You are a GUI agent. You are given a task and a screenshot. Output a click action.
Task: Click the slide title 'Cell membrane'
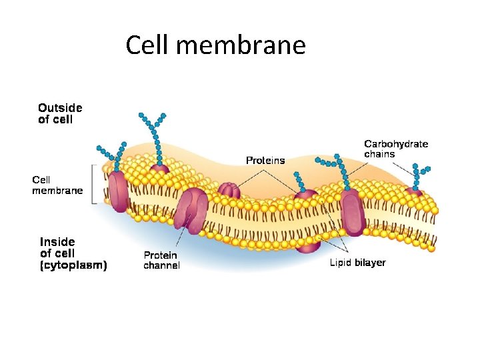click(x=215, y=45)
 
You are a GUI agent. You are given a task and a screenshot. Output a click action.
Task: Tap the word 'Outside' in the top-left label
click(x=60, y=107)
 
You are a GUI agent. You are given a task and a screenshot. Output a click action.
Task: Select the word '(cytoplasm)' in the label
click(x=73, y=265)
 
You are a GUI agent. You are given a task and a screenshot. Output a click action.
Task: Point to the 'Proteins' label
click(x=265, y=160)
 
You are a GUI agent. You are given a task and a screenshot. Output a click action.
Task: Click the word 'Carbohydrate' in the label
click(x=396, y=143)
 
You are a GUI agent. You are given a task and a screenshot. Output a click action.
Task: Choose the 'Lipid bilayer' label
click(x=357, y=263)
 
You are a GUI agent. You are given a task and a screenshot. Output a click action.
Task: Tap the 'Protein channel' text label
click(x=161, y=260)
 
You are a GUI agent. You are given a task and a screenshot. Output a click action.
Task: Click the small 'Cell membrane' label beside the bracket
click(x=58, y=185)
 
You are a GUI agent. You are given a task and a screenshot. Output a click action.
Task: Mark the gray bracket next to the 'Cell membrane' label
click(x=95, y=184)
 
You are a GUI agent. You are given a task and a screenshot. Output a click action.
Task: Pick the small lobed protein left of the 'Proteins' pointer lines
click(x=229, y=191)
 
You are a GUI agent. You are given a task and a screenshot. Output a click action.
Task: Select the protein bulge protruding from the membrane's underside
click(x=307, y=246)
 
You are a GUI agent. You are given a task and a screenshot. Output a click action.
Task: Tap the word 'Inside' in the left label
click(x=57, y=241)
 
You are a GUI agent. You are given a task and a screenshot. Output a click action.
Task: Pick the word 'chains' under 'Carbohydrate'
click(x=379, y=154)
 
